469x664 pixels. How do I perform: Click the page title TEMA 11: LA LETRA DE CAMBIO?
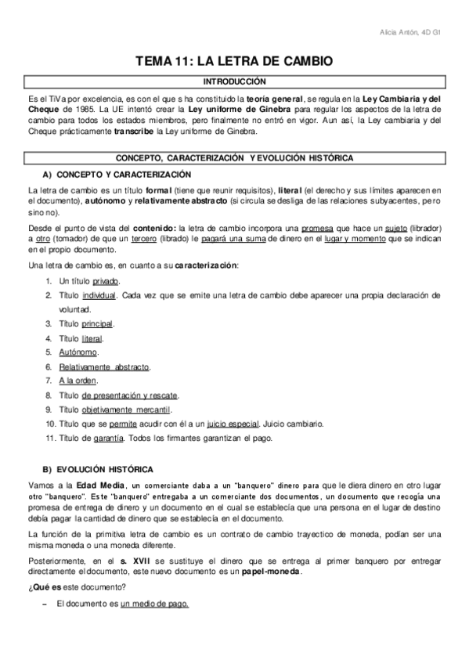pyautogui.click(x=234, y=60)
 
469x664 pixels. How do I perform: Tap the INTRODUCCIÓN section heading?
pyautogui.click(x=234, y=81)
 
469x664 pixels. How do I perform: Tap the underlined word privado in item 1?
pyautogui.click(x=106, y=280)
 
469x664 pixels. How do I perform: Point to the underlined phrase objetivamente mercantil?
pyautogui.click(x=125, y=409)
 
